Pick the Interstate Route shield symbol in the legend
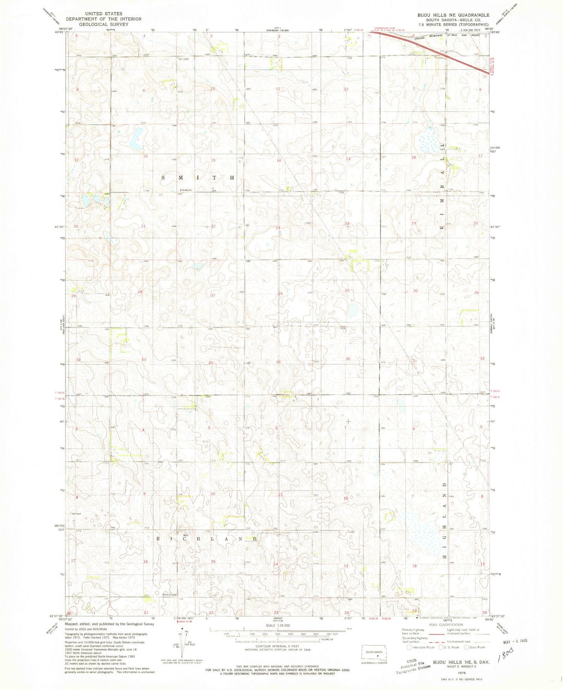(409, 647)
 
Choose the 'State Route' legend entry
(475, 647)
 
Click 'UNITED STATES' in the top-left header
(103, 14)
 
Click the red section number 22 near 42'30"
(213, 226)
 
